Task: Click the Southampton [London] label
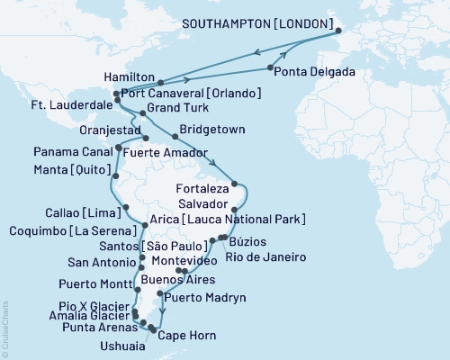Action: tap(257, 23)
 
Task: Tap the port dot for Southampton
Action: tap(339, 36)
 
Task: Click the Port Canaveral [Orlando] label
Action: tap(192, 93)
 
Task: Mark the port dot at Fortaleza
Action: tap(234, 184)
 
